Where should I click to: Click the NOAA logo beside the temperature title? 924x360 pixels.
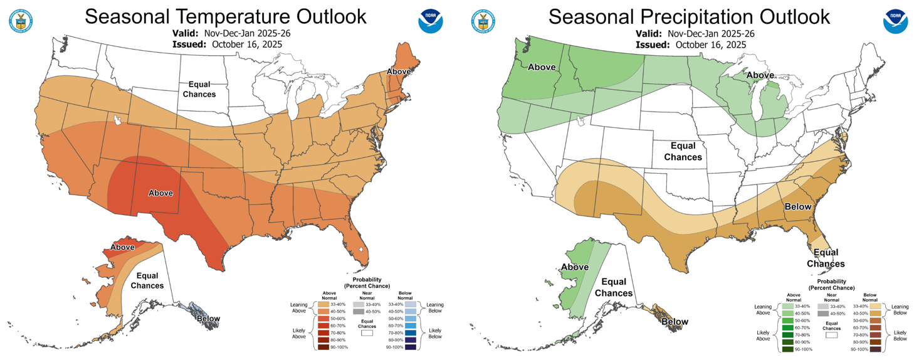pyautogui.click(x=431, y=21)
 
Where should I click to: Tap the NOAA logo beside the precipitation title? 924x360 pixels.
pyautogui.click(x=895, y=21)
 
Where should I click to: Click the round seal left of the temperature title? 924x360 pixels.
pyautogui.click(x=20, y=21)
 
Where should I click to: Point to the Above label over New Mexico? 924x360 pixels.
pyautogui.click(x=160, y=193)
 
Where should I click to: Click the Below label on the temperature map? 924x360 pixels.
pyautogui.click(x=208, y=319)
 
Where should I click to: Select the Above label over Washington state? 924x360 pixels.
pyautogui.click(x=543, y=67)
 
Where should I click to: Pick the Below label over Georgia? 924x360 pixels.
pyautogui.click(x=798, y=207)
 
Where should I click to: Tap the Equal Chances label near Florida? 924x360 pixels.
pyautogui.click(x=826, y=258)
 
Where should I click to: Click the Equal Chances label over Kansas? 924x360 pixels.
pyautogui.click(x=683, y=151)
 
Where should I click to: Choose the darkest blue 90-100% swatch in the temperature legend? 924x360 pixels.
pyautogui.click(x=411, y=347)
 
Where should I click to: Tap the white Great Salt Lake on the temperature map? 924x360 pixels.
pyautogui.click(x=117, y=119)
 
